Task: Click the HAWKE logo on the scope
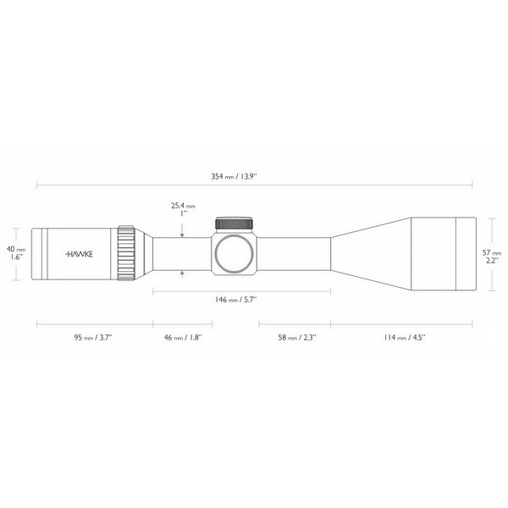[80, 252]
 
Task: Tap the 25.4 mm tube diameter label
[183, 205]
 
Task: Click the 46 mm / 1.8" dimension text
[181, 337]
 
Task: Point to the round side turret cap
[233, 253]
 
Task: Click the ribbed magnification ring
[126, 252]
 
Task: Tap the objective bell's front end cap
[468, 251]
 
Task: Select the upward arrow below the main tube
[182, 273]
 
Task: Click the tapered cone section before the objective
[364, 251]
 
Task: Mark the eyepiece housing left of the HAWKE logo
[47, 252]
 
